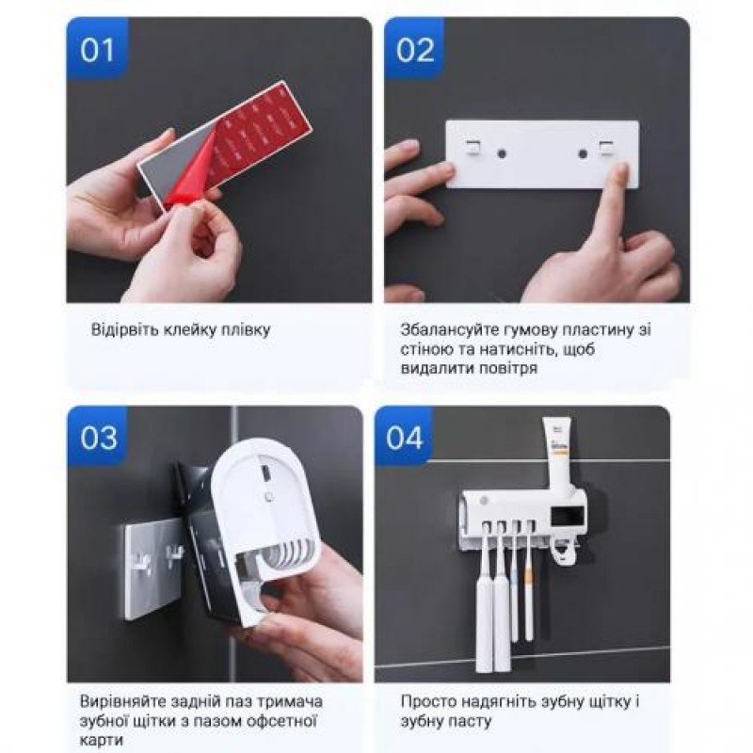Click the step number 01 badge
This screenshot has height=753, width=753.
coord(98,48)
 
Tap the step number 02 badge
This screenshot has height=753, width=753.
coord(414,48)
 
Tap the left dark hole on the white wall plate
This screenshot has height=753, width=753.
coord(502,154)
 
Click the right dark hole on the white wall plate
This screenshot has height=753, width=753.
coord(583,154)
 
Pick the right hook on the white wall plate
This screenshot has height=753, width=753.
coord(606,149)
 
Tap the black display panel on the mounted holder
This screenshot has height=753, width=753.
coord(568,516)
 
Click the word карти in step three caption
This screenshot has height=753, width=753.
coord(102,740)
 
